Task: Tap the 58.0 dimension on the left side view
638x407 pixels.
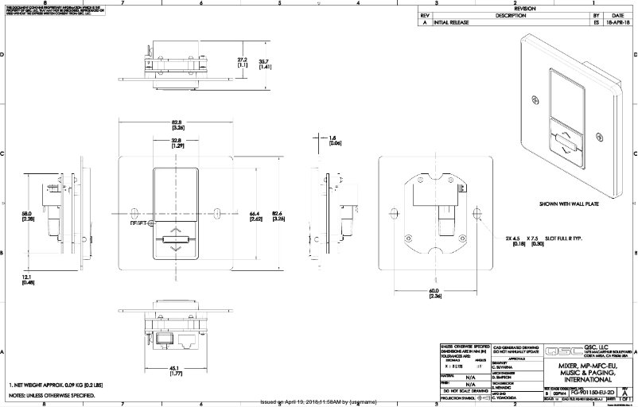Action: (x=28, y=216)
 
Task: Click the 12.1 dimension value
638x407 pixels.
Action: (x=28, y=278)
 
